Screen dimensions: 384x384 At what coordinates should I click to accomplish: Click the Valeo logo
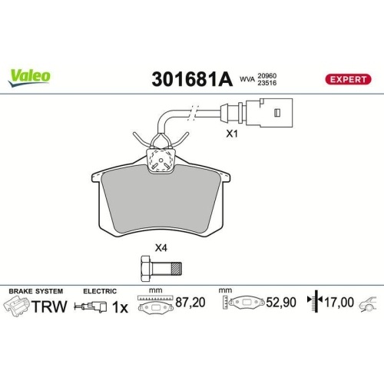(x=30, y=76)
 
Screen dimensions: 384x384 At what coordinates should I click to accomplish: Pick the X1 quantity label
(x=231, y=133)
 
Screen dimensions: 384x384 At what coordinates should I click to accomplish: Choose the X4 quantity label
(x=161, y=247)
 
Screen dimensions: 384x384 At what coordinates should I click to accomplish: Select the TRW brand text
(x=48, y=306)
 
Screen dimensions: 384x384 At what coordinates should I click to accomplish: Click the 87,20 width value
(x=191, y=304)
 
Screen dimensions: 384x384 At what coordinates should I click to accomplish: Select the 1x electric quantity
(x=119, y=306)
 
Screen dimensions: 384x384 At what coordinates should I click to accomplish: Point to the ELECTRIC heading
(x=101, y=291)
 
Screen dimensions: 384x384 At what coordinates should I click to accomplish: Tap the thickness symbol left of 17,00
(x=312, y=303)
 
